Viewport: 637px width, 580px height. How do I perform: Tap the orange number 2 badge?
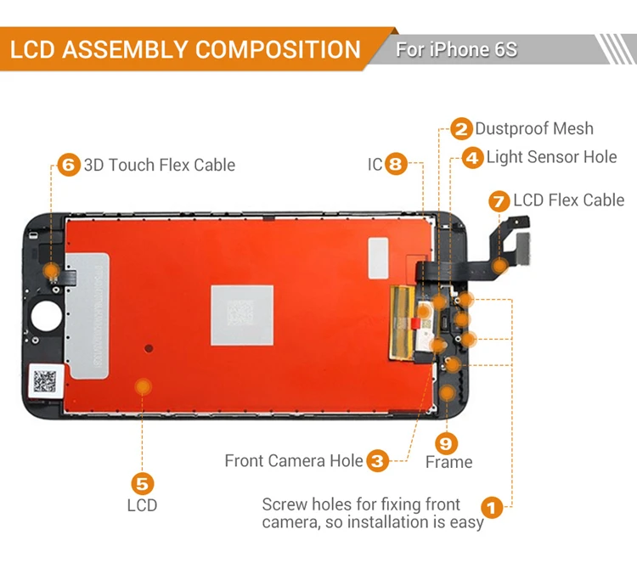click(x=461, y=129)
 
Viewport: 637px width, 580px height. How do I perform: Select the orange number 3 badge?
click(x=378, y=461)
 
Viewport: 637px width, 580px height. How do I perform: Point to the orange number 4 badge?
click(x=472, y=158)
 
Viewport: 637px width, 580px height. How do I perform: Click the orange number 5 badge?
click(x=142, y=483)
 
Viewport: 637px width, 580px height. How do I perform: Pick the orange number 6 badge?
click(x=69, y=165)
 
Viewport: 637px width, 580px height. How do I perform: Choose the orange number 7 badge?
click(x=499, y=201)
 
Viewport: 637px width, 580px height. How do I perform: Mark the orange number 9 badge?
click(x=447, y=442)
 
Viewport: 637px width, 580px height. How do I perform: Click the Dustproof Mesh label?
click(x=534, y=129)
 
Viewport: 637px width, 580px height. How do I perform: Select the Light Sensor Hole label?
click(x=551, y=157)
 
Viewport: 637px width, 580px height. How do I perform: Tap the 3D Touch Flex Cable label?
click(x=159, y=165)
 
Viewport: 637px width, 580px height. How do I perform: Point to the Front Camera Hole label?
click(x=293, y=461)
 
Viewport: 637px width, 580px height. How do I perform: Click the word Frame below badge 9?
click(x=448, y=463)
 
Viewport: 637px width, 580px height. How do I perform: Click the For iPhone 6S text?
click(x=456, y=49)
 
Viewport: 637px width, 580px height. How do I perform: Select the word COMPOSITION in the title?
click(x=277, y=49)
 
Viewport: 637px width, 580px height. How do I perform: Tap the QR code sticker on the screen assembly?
click(x=45, y=380)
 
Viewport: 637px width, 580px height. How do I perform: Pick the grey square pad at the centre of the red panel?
click(x=242, y=315)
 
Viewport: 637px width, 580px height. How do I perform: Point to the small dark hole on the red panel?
click(x=149, y=348)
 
